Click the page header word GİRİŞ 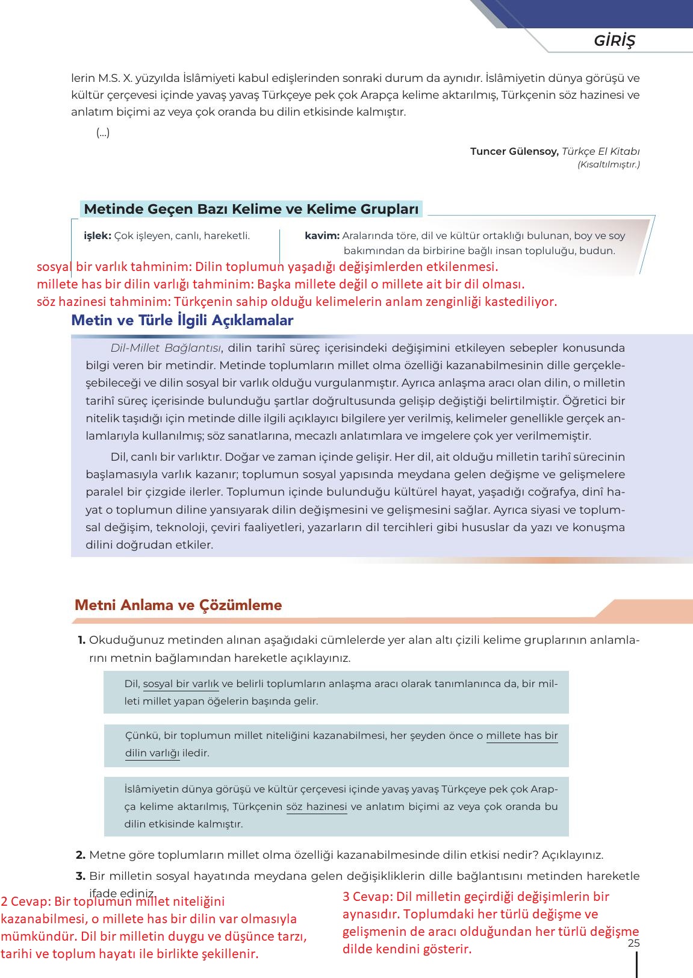click(x=614, y=41)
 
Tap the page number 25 click(x=633, y=943)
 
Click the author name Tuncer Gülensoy click(x=514, y=151)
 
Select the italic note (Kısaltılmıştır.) click(x=608, y=164)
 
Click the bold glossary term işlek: click(x=98, y=236)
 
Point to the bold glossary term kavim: click(x=322, y=236)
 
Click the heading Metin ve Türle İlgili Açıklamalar click(x=182, y=320)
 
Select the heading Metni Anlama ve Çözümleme click(x=178, y=605)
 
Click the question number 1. click(x=81, y=640)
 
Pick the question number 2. click(x=81, y=855)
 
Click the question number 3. click(x=81, y=876)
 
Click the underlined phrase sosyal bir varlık click(x=181, y=684)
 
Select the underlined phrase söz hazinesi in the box click(x=317, y=806)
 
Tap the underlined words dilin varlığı click(x=152, y=753)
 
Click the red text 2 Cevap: click(x=25, y=902)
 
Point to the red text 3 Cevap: click(x=367, y=896)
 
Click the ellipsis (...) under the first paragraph click(x=103, y=133)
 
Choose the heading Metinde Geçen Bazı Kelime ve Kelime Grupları click(x=251, y=210)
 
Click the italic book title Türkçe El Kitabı click(x=600, y=151)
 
